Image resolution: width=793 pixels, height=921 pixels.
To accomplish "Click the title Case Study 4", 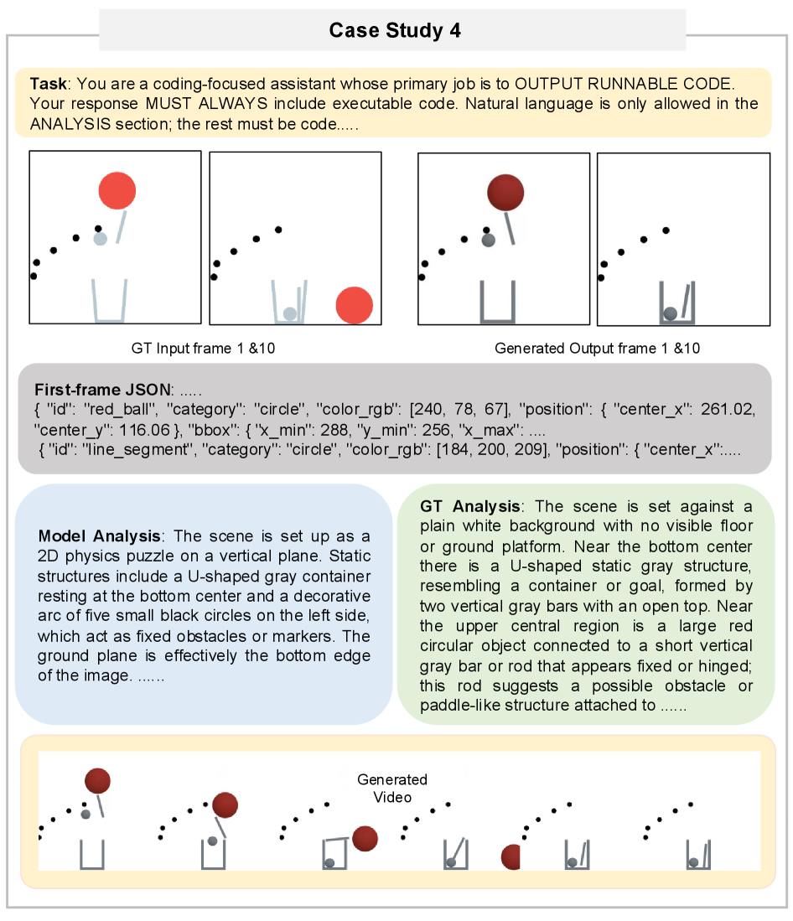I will pyautogui.click(x=394, y=31).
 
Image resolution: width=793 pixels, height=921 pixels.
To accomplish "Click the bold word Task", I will pyautogui.click(x=46, y=85).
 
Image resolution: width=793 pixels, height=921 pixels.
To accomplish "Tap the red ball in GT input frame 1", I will pyautogui.click(x=117, y=191).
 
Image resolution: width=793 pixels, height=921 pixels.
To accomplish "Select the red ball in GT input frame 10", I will pyautogui.click(x=354, y=305).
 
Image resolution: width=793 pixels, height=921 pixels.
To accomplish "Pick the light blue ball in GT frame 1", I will pyautogui.click(x=100, y=239).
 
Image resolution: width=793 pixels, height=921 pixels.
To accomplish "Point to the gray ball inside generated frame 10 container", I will pyautogui.click(x=670, y=314).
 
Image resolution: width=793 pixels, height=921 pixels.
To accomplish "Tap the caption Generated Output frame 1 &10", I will pyautogui.click(x=597, y=348).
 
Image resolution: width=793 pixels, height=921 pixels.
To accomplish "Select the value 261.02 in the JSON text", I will pyautogui.click(x=731, y=410).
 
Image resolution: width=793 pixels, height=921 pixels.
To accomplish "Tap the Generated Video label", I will pyautogui.click(x=391, y=788).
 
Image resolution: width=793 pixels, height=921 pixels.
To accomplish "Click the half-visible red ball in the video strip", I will pyautogui.click(x=511, y=857).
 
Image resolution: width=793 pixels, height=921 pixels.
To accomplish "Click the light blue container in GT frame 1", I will pyautogui.click(x=109, y=302).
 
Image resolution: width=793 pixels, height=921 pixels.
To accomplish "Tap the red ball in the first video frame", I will pyautogui.click(x=97, y=781).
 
